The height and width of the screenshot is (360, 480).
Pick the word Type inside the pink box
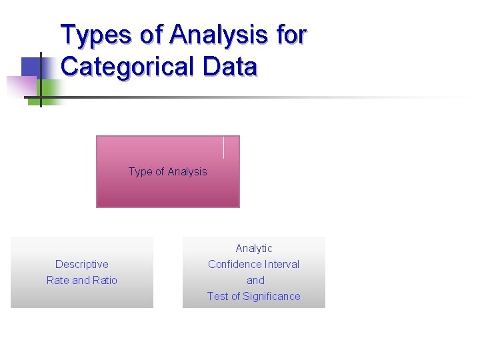coord(140,172)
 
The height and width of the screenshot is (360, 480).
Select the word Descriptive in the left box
coord(82,265)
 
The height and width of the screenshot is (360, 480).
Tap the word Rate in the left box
coord(58,281)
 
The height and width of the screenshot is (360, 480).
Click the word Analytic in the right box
coord(254,249)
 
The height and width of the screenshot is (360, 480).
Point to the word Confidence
coord(233,265)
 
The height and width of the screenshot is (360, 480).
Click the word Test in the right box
coord(217,297)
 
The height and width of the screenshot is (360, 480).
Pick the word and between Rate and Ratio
coord(81,281)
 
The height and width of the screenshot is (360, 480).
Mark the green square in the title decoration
coord(49,87)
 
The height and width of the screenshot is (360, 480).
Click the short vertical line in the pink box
coord(223,147)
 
